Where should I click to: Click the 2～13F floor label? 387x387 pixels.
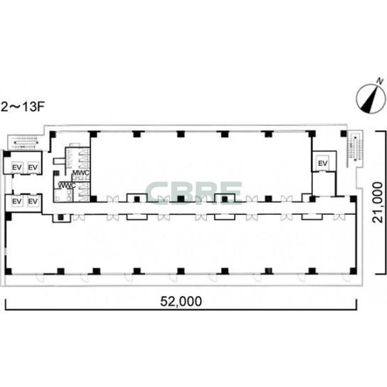pyautogui.click(x=23, y=107)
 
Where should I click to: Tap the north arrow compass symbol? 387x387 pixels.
pyautogui.click(x=371, y=99)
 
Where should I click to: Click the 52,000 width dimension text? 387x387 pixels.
pyautogui.click(x=181, y=302)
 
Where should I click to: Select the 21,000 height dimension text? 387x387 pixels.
pyautogui.click(x=377, y=202)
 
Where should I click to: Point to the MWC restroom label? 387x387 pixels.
pyautogui.click(x=80, y=173)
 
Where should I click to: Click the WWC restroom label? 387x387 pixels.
pyautogui.click(x=67, y=185)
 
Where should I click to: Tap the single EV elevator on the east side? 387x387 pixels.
pyautogui.click(x=323, y=163)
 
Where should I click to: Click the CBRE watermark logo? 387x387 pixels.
pyautogui.click(x=193, y=193)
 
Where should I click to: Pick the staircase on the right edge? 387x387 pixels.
pyautogui.click(x=355, y=149)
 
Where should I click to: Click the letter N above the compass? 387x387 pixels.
pyautogui.click(x=381, y=81)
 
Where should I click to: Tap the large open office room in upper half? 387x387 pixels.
pyautogui.click(x=201, y=164)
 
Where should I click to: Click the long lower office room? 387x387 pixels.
pyautogui.click(x=180, y=244)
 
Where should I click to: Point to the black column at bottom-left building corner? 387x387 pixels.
pyautogui.click(x=9, y=271)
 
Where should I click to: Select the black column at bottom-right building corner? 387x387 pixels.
pyautogui.click(x=353, y=271)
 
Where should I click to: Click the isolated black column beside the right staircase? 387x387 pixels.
pyautogui.click(x=344, y=134)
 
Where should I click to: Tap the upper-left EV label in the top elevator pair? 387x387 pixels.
pyautogui.click(x=17, y=167)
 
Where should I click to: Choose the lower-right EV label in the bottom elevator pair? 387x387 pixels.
pyautogui.click(x=33, y=201)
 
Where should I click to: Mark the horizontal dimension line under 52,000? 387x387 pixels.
pyautogui.click(x=181, y=309)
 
